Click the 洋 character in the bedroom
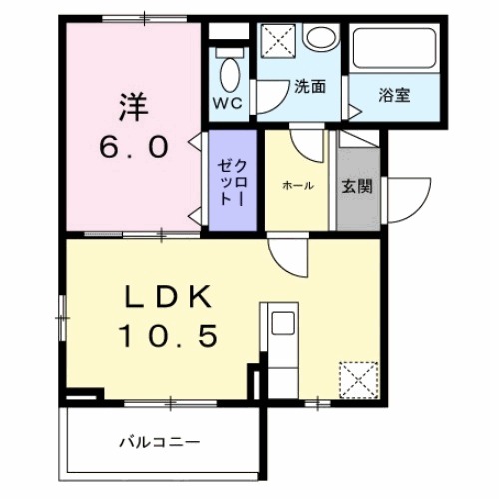pyautogui.click(x=133, y=104)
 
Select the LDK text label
pyautogui.click(x=169, y=296)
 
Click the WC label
pyautogui.click(x=225, y=103)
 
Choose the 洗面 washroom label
pyautogui.click(x=309, y=86)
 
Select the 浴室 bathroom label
pyautogui.click(x=394, y=96)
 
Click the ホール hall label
pyautogui.click(x=298, y=185)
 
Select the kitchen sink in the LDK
pyautogui.click(x=282, y=326)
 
